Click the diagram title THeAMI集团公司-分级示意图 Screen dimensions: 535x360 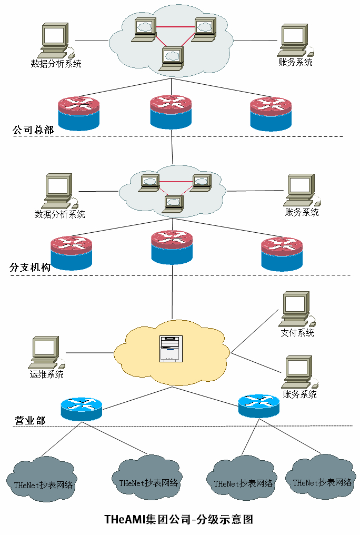179,520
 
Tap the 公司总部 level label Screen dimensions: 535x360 33,130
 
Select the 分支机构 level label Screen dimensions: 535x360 30,267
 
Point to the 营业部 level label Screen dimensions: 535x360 29,420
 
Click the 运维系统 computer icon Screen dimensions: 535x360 46,352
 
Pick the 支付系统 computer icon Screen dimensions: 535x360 297,310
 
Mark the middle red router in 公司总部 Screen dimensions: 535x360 171,112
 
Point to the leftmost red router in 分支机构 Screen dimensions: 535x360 72,253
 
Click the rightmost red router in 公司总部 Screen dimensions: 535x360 271,114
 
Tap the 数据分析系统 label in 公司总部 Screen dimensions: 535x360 56,64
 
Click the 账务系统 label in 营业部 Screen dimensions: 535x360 300,394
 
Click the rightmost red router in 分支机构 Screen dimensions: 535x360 283,254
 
